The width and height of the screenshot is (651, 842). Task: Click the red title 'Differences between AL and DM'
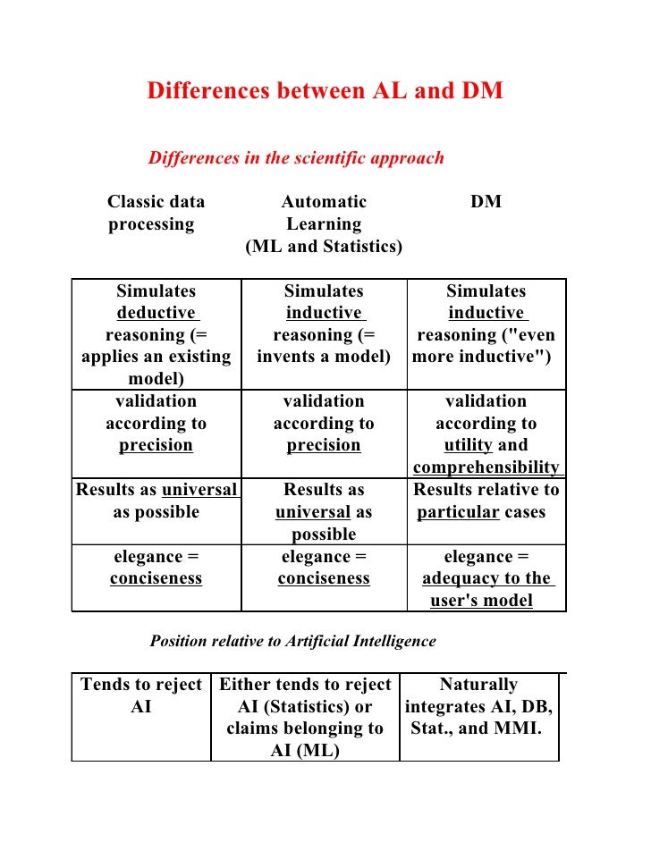click(x=325, y=91)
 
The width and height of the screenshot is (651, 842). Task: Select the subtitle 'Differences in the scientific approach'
click(x=296, y=158)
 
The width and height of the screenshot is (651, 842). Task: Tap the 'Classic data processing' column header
click(x=156, y=213)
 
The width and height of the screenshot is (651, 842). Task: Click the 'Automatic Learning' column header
click(x=324, y=213)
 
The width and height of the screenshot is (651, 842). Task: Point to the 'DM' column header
click(x=486, y=202)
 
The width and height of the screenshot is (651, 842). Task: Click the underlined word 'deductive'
click(x=156, y=313)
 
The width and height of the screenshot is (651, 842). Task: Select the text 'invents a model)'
click(x=324, y=357)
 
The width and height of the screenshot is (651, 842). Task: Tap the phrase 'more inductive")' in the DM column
click(x=482, y=357)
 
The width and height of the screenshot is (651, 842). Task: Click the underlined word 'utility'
click(x=469, y=445)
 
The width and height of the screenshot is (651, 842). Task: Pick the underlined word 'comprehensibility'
click(x=486, y=467)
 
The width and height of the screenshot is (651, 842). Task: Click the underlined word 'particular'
click(x=459, y=512)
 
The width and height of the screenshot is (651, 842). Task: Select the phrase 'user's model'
click(x=481, y=601)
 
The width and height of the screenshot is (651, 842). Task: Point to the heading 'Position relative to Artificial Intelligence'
click(x=292, y=641)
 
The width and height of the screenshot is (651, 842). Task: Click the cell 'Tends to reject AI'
click(x=141, y=695)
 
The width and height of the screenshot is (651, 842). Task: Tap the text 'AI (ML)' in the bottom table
click(x=305, y=750)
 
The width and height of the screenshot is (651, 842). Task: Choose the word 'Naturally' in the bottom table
click(x=478, y=685)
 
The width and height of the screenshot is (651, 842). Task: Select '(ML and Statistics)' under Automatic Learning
click(x=324, y=246)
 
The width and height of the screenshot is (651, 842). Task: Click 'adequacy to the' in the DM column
click(x=486, y=578)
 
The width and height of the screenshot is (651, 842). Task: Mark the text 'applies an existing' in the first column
click(x=156, y=357)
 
